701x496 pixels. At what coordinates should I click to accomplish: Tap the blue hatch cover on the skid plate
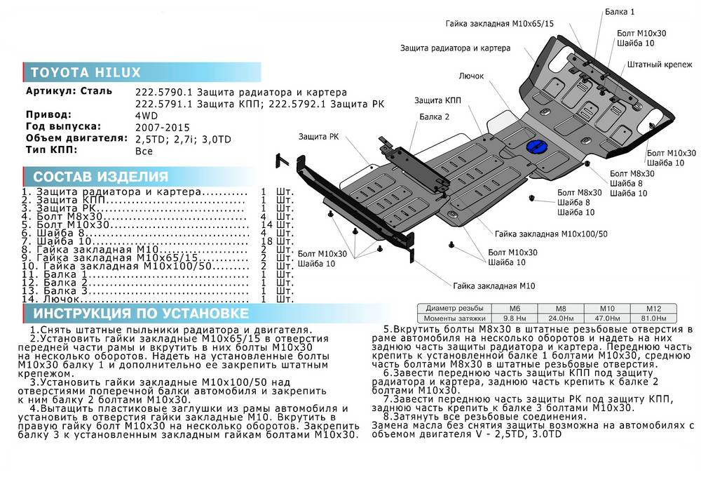click(536, 147)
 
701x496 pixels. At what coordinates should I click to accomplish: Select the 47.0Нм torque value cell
click(607, 317)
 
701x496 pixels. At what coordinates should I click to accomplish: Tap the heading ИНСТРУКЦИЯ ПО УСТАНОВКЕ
click(141, 313)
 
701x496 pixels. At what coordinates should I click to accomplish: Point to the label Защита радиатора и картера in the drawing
click(455, 48)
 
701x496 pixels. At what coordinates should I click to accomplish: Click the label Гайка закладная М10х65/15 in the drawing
click(499, 23)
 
